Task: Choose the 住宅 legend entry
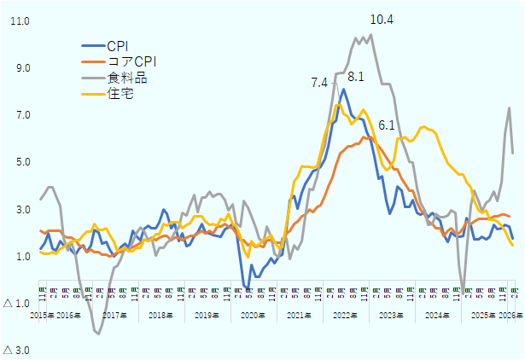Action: tap(120, 94)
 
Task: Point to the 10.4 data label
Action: tap(382, 19)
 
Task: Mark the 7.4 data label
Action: tap(319, 82)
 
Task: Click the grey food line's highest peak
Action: tap(370, 35)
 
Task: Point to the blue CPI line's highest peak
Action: tap(343, 89)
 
